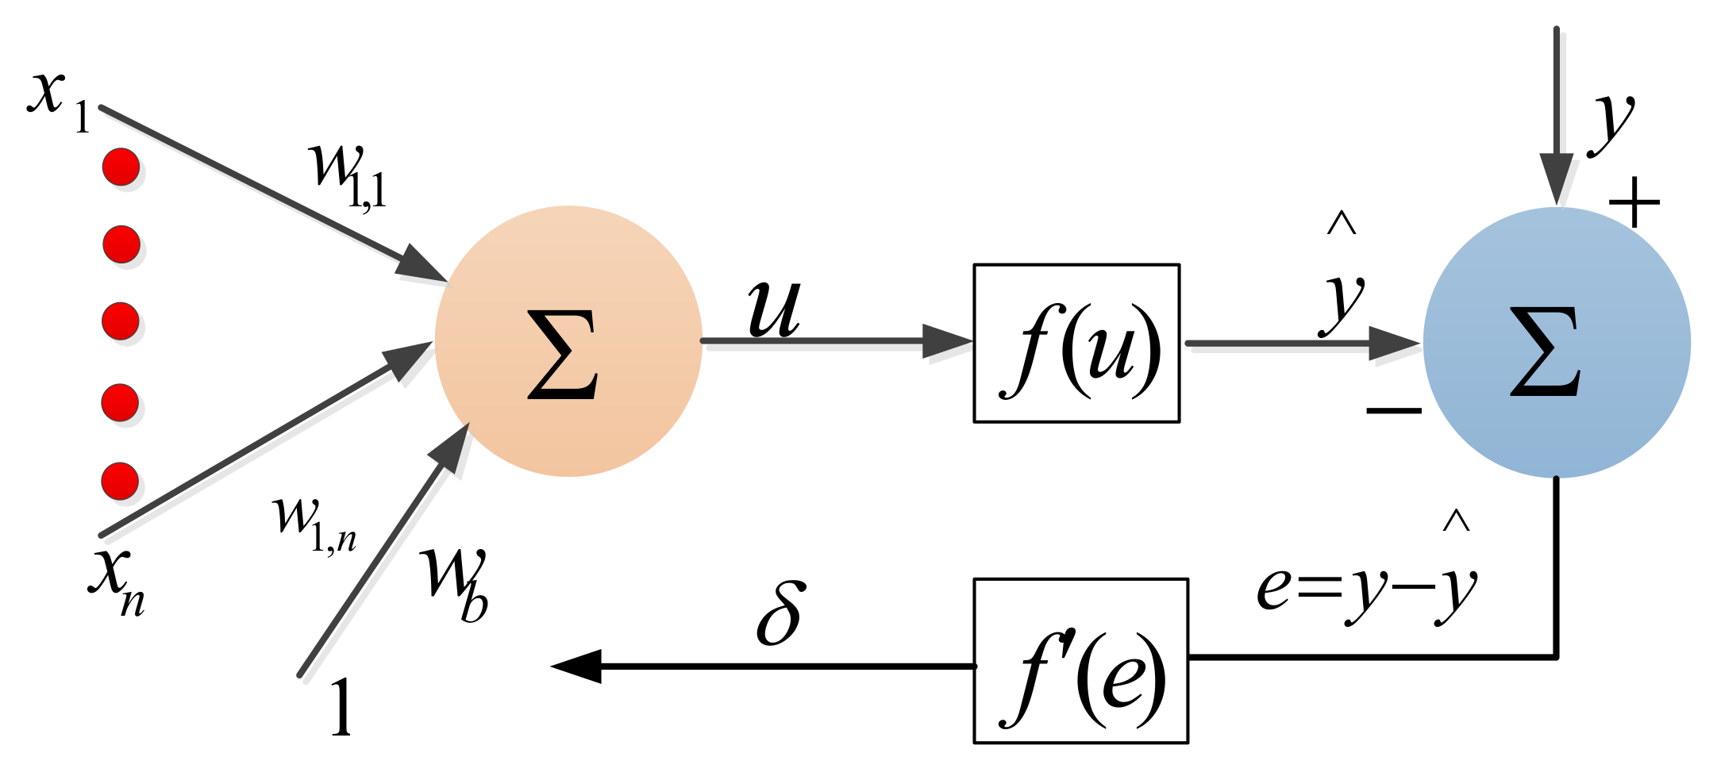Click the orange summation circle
(568, 341)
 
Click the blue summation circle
(1556, 343)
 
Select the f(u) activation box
(1076, 343)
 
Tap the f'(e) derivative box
(1080, 661)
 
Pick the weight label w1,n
(313, 524)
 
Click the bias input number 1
(341, 708)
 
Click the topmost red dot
(121, 167)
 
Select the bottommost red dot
(120, 481)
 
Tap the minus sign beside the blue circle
(1393, 410)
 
